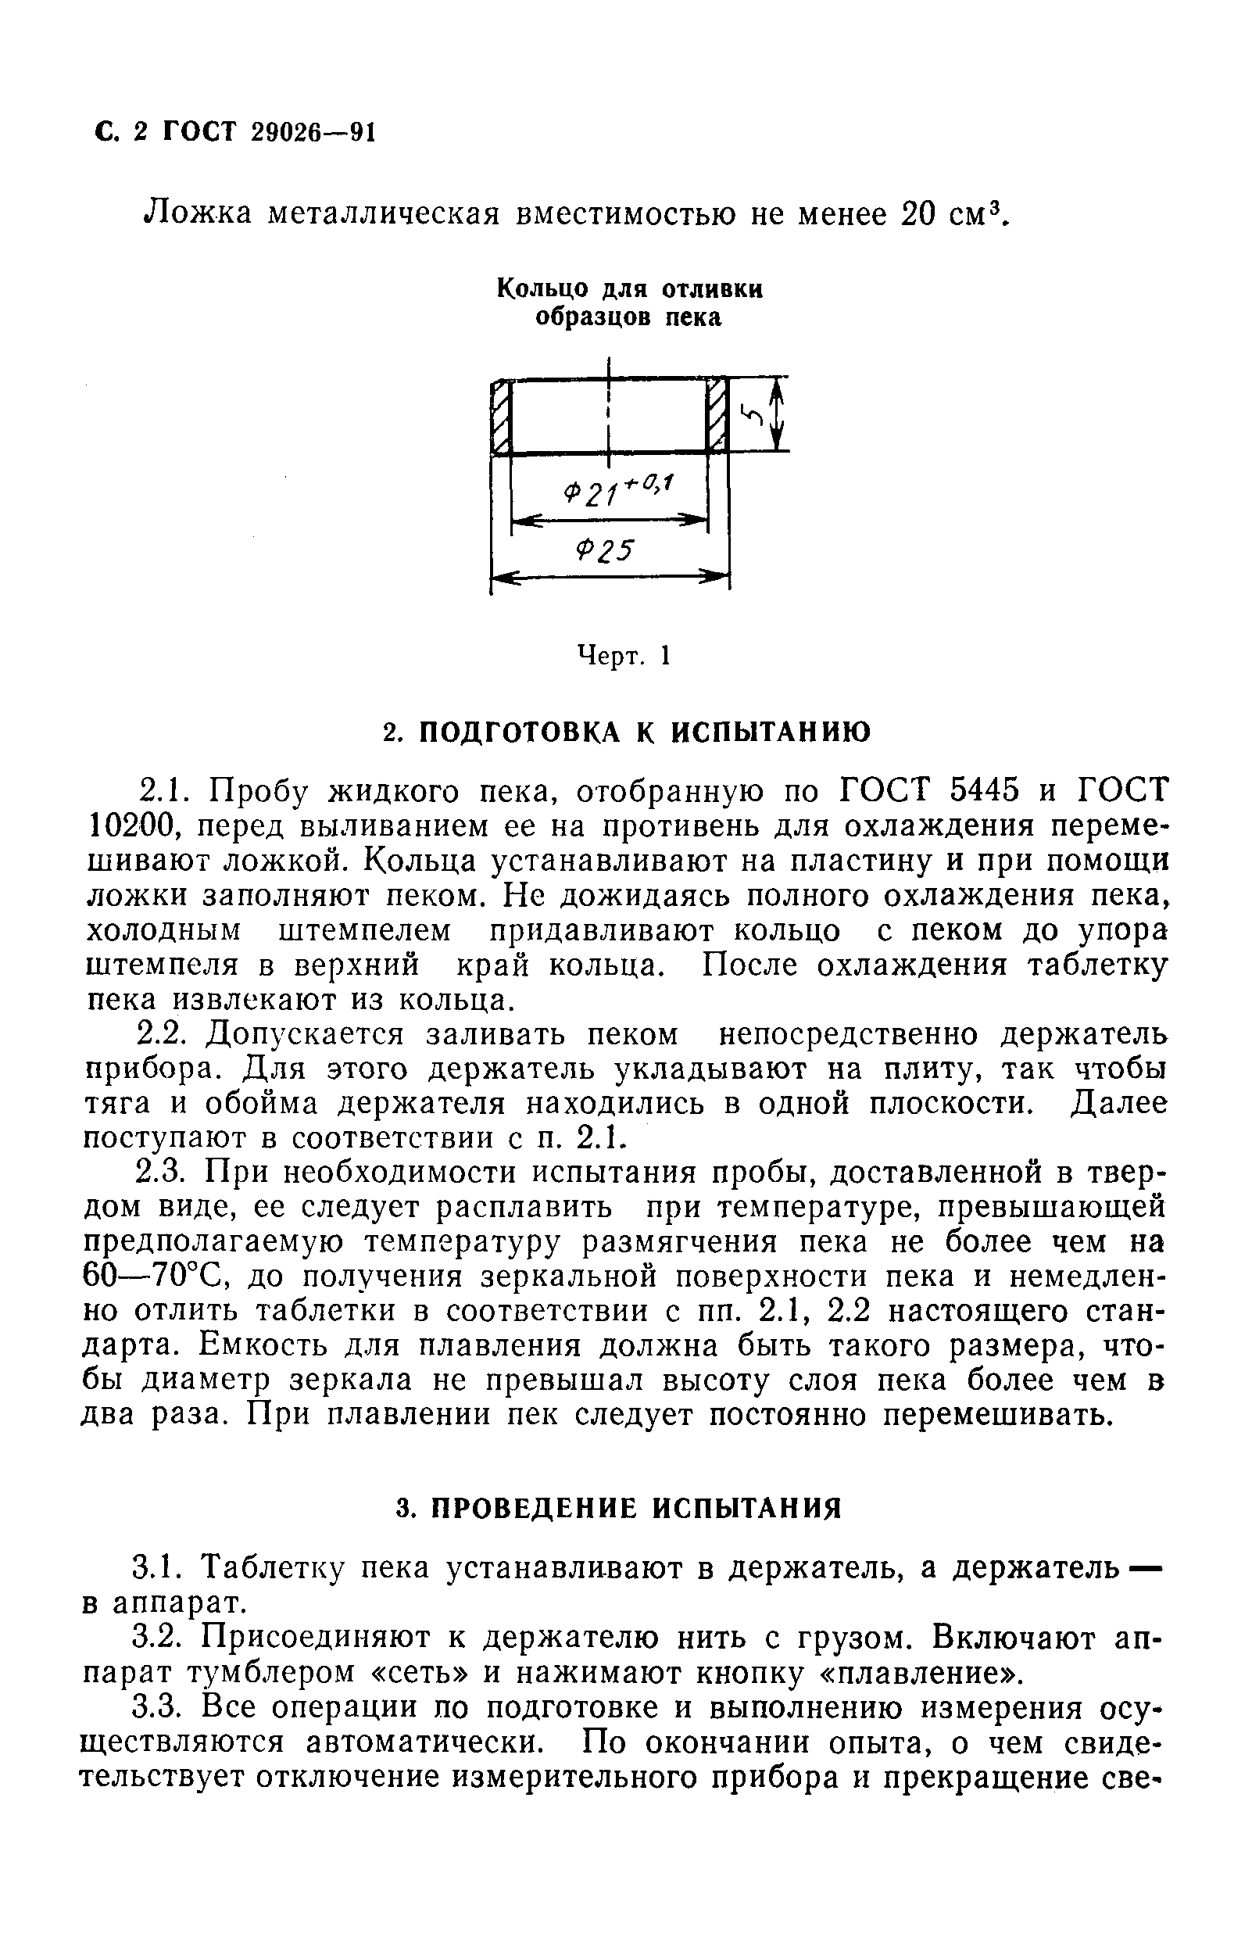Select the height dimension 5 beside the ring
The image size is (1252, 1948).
754,415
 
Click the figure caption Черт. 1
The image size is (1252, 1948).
623,655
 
